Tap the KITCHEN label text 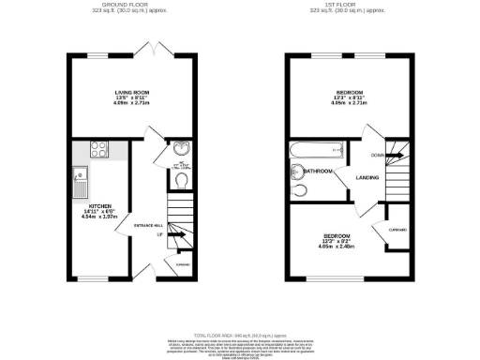pyautogui.click(x=99, y=205)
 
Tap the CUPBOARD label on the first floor pyautogui.click(x=398, y=228)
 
